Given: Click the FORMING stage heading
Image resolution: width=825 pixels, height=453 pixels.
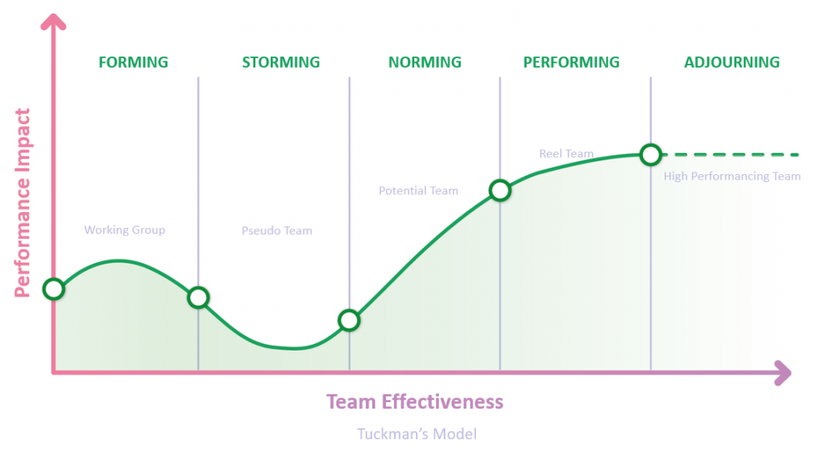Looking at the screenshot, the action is tap(134, 62).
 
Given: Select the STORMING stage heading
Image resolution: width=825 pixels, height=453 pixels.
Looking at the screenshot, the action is tap(281, 62).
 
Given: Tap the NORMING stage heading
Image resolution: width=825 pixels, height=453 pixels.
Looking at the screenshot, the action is tap(425, 62).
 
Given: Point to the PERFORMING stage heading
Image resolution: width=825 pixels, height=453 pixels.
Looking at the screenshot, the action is tap(571, 62).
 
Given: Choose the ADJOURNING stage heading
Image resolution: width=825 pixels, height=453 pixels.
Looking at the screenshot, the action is tap(732, 62).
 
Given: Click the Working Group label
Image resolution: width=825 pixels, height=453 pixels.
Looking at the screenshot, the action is tap(125, 230).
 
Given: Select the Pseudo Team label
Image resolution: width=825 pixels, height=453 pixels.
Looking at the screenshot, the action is tap(277, 231).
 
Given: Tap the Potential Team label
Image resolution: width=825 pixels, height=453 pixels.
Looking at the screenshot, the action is tap(418, 190).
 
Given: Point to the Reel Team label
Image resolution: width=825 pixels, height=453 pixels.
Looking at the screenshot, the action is tap(566, 154).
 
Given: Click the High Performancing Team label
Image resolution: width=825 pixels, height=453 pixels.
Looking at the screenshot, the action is tap(732, 177).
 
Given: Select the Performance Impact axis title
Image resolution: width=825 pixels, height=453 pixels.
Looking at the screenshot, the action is tap(22, 203).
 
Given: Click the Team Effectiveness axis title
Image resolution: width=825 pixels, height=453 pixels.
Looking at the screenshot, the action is tap(415, 401).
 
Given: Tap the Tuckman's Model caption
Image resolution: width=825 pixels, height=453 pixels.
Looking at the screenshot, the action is tap(417, 434).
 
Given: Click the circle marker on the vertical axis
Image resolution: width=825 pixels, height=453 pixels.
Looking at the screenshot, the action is tap(54, 289).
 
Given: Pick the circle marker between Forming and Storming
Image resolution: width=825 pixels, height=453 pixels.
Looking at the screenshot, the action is tap(198, 297).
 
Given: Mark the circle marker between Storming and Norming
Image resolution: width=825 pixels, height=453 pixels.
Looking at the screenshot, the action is tap(349, 320).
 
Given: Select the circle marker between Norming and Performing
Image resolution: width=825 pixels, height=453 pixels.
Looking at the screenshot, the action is tap(500, 190).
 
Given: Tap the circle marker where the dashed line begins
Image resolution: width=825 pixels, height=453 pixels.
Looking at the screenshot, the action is tap(651, 155).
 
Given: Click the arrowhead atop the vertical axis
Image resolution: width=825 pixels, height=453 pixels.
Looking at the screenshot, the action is tap(53, 22).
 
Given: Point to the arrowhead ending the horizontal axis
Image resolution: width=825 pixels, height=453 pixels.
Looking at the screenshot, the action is tap(783, 373).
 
